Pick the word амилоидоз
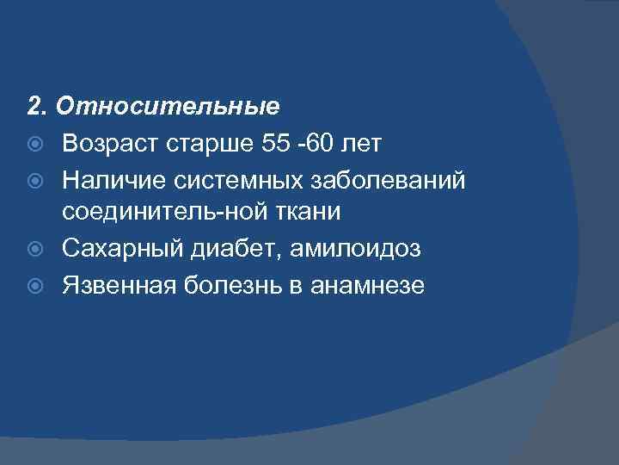pos(355,250)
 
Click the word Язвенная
pos(119,285)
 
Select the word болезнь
pos(235,285)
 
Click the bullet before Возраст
pos(36,144)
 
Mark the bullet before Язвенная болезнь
pos(36,286)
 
